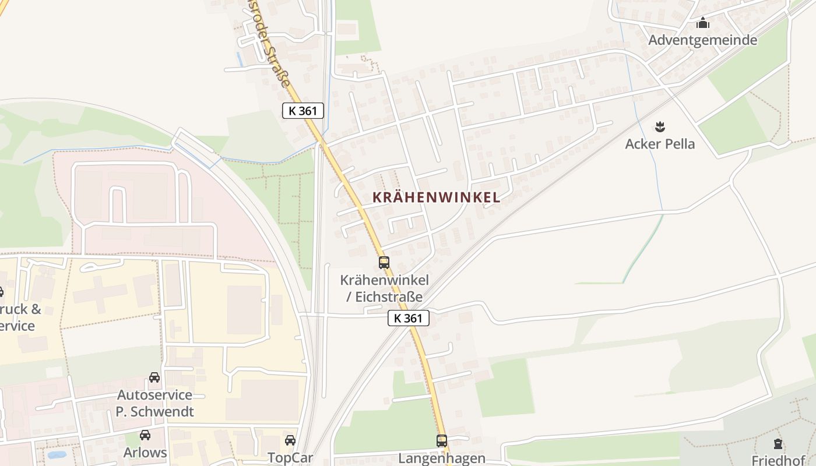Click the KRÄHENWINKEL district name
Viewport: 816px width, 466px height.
pyautogui.click(x=436, y=197)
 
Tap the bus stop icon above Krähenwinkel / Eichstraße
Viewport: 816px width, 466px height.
pyautogui.click(x=384, y=263)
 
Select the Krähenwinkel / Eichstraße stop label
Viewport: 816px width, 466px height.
pyautogui.click(x=385, y=288)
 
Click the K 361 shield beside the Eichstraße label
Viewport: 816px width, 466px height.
pyautogui.click(x=409, y=318)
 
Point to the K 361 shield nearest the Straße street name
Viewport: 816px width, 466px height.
pyautogui.click(x=303, y=111)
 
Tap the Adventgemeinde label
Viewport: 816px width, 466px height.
pyautogui.click(x=703, y=40)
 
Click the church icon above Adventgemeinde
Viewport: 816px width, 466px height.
pyautogui.click(x=703, y=23)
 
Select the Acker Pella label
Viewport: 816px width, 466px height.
pyautogui.click(x=660, y=144)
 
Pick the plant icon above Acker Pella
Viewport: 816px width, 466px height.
pyautogui.click(x=660, y=126)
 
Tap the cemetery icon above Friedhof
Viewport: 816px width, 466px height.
pyautogui.click(x=778, y=443)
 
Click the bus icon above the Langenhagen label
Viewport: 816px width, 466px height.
pyautogui.click(x=442, y=441)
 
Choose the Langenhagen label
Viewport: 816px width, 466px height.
pyautogui.click(x=442, y=458)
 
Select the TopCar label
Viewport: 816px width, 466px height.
pyautogui.click(x=290, y=457)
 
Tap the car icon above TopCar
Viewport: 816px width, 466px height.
pyautogui.click(x=290, y=440)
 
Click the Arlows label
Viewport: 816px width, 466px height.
pyautogui.click(x=145, y=453)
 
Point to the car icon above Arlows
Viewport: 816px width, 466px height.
pyautogui.click(x=145, y=435)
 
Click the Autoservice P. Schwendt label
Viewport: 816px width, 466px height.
pyautogui.click(x=154, y=403)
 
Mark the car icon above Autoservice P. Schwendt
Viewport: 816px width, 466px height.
pyautogui.click(x=154, y=377)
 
